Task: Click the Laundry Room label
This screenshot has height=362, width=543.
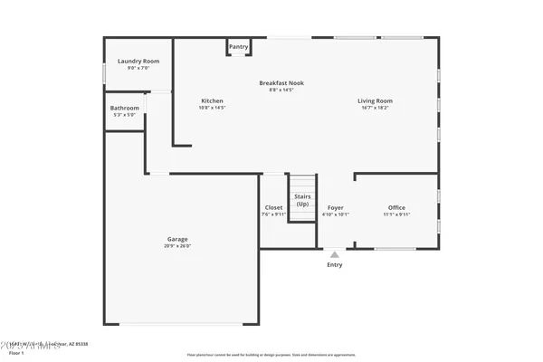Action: [138, 61]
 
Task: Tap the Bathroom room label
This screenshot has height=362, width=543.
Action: [124, 108]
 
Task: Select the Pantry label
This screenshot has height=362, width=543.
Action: [238, 46]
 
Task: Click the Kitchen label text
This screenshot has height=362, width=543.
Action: [212, 100]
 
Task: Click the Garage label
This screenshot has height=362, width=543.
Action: [176, 239]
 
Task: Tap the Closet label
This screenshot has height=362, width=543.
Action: [272, 207]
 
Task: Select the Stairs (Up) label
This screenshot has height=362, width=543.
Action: [302, 200]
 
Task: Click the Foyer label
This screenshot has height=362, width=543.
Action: [336, 207]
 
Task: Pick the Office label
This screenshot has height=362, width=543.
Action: [396, 207]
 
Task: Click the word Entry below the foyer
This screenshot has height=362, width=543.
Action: [335, 265]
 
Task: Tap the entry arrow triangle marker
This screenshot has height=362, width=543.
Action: [336, 254]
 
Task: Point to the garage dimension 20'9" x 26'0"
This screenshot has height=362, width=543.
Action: [176, 246]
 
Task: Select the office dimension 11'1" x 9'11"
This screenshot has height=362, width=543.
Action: [396, 214]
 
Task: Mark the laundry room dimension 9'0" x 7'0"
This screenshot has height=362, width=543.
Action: [138, 68]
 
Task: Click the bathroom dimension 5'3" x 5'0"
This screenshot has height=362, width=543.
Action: [124, 115]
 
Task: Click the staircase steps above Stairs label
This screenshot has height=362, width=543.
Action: [302, 183]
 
